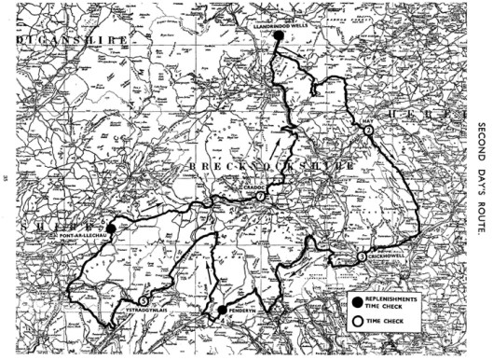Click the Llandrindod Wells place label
[280, 25]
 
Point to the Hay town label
[367, 121]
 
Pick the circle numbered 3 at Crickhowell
[361, 256]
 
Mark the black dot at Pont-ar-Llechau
[110, 228]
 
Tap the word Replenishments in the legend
[393, 296]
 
